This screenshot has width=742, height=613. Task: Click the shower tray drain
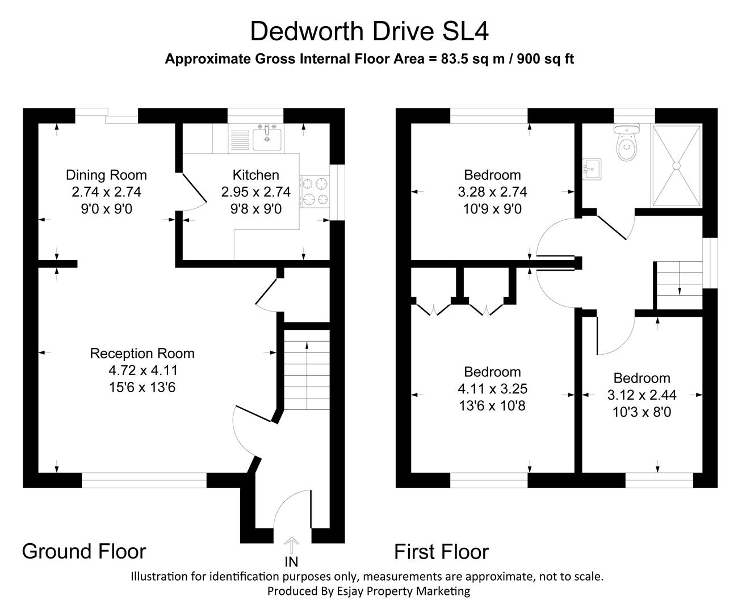coord(676,166)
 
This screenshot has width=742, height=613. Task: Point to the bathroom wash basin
coord(591,169)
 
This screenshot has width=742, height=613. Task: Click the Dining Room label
coord(106,175)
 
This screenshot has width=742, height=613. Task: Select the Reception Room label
coord(142,354)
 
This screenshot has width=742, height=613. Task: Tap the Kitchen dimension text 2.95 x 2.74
coord(255,192)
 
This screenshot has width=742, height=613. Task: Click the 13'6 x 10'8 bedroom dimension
coord(492,406)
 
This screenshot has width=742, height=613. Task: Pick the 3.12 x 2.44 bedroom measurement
coord(642,395)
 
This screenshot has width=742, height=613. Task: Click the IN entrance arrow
coord(291,547)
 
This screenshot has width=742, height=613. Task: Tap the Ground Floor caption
coord(84,551)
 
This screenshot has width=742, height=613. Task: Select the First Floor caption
coord(441,552)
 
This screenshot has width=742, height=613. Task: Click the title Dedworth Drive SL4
coord(369,31)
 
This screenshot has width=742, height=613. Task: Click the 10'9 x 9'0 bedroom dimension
coord(492,209)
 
